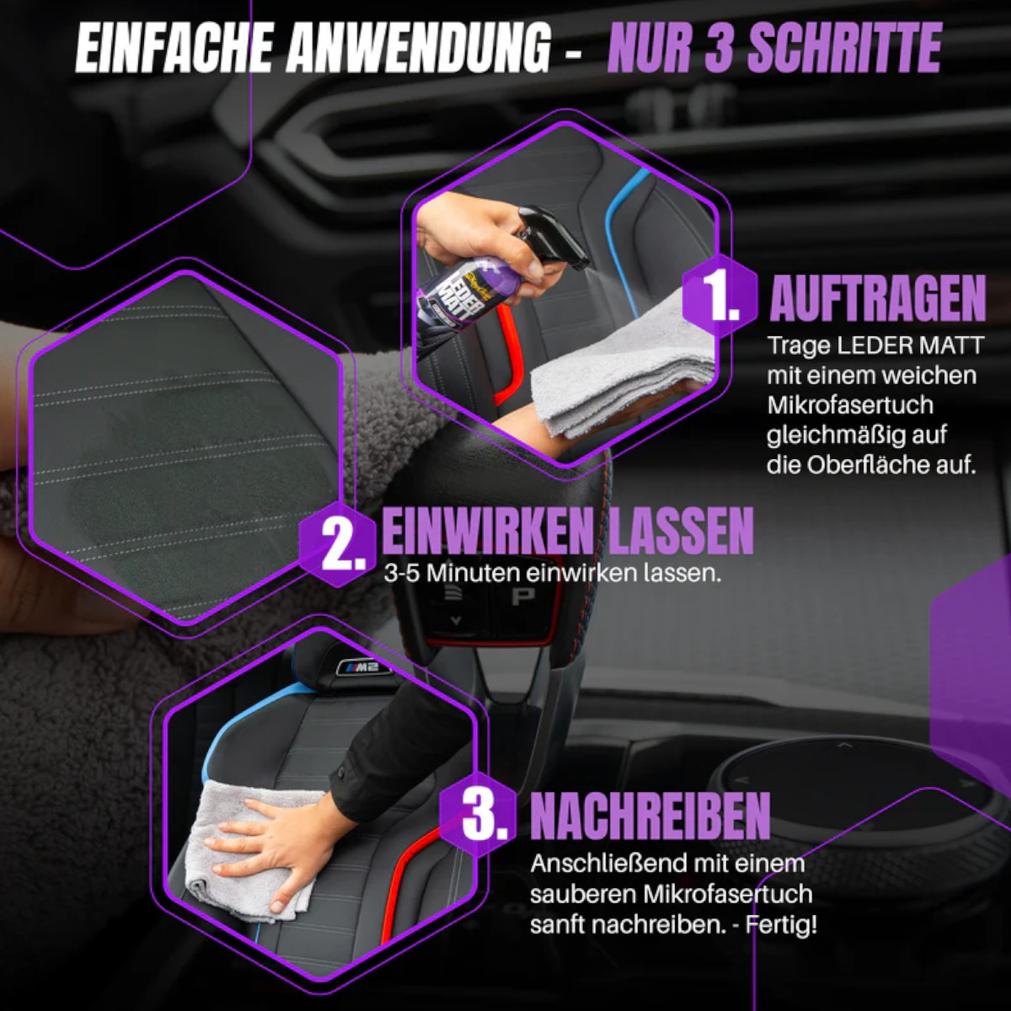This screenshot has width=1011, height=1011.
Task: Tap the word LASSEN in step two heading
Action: (681, 531)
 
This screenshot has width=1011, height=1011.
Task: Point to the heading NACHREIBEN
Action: (650, 815)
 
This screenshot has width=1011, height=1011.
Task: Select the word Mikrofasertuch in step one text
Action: (850, 404)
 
